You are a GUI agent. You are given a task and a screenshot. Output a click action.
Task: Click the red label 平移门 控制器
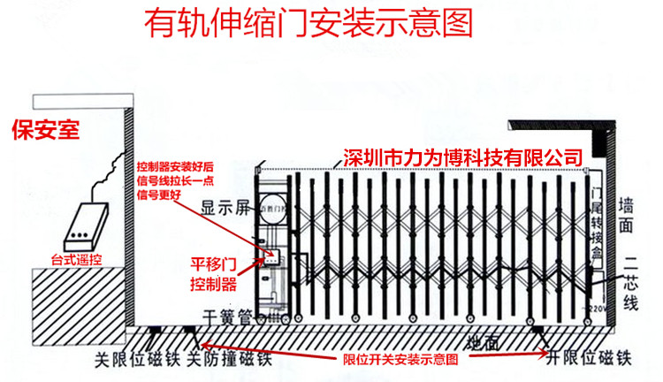[x=214, y=275]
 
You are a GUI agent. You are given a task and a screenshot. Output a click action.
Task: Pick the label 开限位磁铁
[x=587, y=360]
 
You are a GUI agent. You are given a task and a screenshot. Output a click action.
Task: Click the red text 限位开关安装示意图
[x=400, y=361]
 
